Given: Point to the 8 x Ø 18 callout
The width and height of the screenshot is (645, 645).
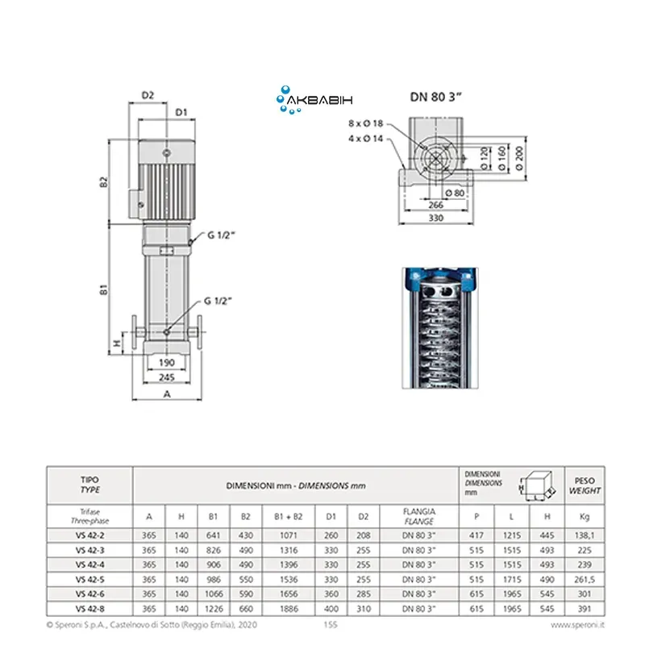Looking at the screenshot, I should (x=366, y=123).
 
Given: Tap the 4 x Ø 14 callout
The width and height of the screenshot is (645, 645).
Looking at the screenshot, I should (x=366, y=139).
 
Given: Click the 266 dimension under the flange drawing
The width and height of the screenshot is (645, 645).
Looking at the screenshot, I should (x=435, y=205).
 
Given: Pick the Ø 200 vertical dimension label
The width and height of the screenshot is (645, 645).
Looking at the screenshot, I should (x=520, y=153).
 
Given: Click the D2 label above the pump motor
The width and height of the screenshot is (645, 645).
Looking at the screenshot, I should (x=148, y=95).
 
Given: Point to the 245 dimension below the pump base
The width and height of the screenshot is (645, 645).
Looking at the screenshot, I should (x=168, y=377).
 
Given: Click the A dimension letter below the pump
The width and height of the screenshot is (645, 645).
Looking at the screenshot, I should (x=168, y=394).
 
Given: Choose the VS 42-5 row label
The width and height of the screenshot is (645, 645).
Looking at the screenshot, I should (x=90, y=579).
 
